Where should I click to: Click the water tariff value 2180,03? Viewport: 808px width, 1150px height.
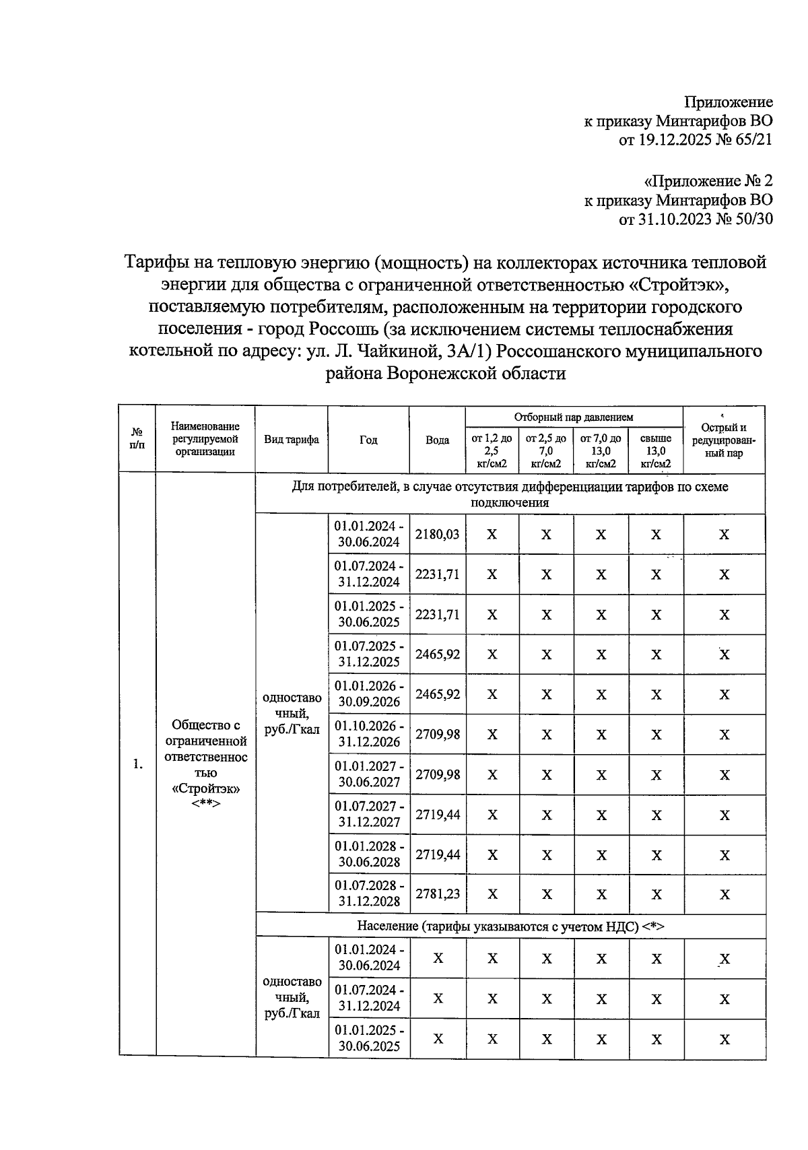click(438, 534)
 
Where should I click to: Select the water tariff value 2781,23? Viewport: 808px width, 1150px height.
click(438, 893)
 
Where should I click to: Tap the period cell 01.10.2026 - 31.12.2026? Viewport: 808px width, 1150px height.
click(369, 734)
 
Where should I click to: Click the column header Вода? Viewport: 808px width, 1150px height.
click(438, 440)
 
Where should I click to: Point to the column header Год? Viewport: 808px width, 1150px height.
click(368, 440)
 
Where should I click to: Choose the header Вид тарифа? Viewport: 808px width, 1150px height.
click(292, 440)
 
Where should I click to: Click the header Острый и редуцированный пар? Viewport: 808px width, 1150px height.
click(724, 440)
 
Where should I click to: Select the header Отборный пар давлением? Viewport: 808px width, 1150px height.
click(574, 417)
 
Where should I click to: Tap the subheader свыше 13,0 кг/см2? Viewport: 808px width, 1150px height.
click(656, 451)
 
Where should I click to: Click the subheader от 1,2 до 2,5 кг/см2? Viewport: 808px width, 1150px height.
click(492, 451)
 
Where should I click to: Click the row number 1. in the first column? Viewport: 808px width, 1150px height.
click(137, 764)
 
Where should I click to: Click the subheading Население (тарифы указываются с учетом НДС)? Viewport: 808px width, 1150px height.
click(510, 926)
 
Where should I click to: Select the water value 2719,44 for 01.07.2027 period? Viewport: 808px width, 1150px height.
click(438, 814)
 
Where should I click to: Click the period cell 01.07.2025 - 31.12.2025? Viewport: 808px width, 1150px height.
click(369, 654)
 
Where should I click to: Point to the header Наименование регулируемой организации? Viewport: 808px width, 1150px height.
click(205, 439)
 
